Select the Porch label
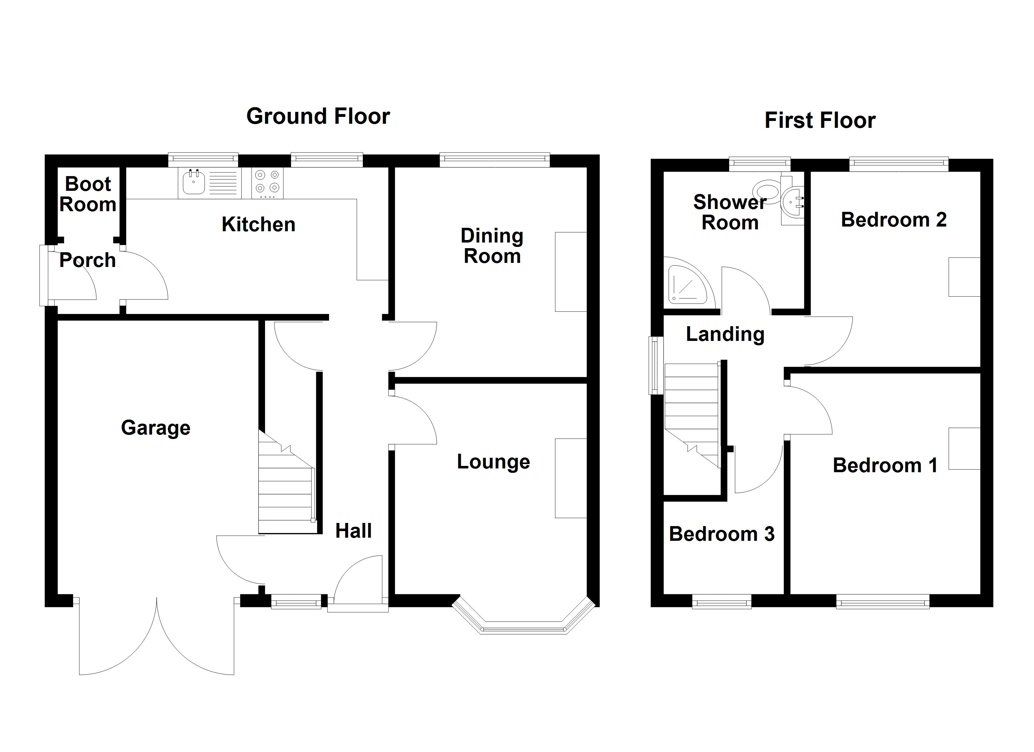click(x=87, y=260)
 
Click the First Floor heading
click(x=820, y=120)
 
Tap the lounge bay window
click(x=523, y=627)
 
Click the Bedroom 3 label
click(x=722, y=534)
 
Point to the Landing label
click(x=725, y=334)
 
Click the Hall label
click(x=353, y=531)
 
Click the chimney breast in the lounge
click(x=570, y=478)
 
